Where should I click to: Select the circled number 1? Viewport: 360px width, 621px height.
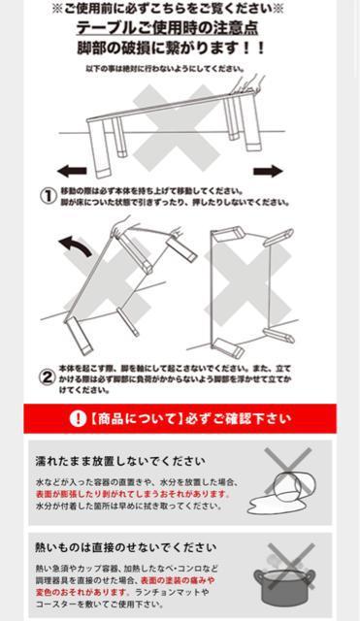click(47, 195)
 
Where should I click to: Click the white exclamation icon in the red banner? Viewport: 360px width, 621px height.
click(78, 419)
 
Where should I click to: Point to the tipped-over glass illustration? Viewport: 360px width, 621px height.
click(281, 481)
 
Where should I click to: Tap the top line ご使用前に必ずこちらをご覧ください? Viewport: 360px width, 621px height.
click(171, 9)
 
